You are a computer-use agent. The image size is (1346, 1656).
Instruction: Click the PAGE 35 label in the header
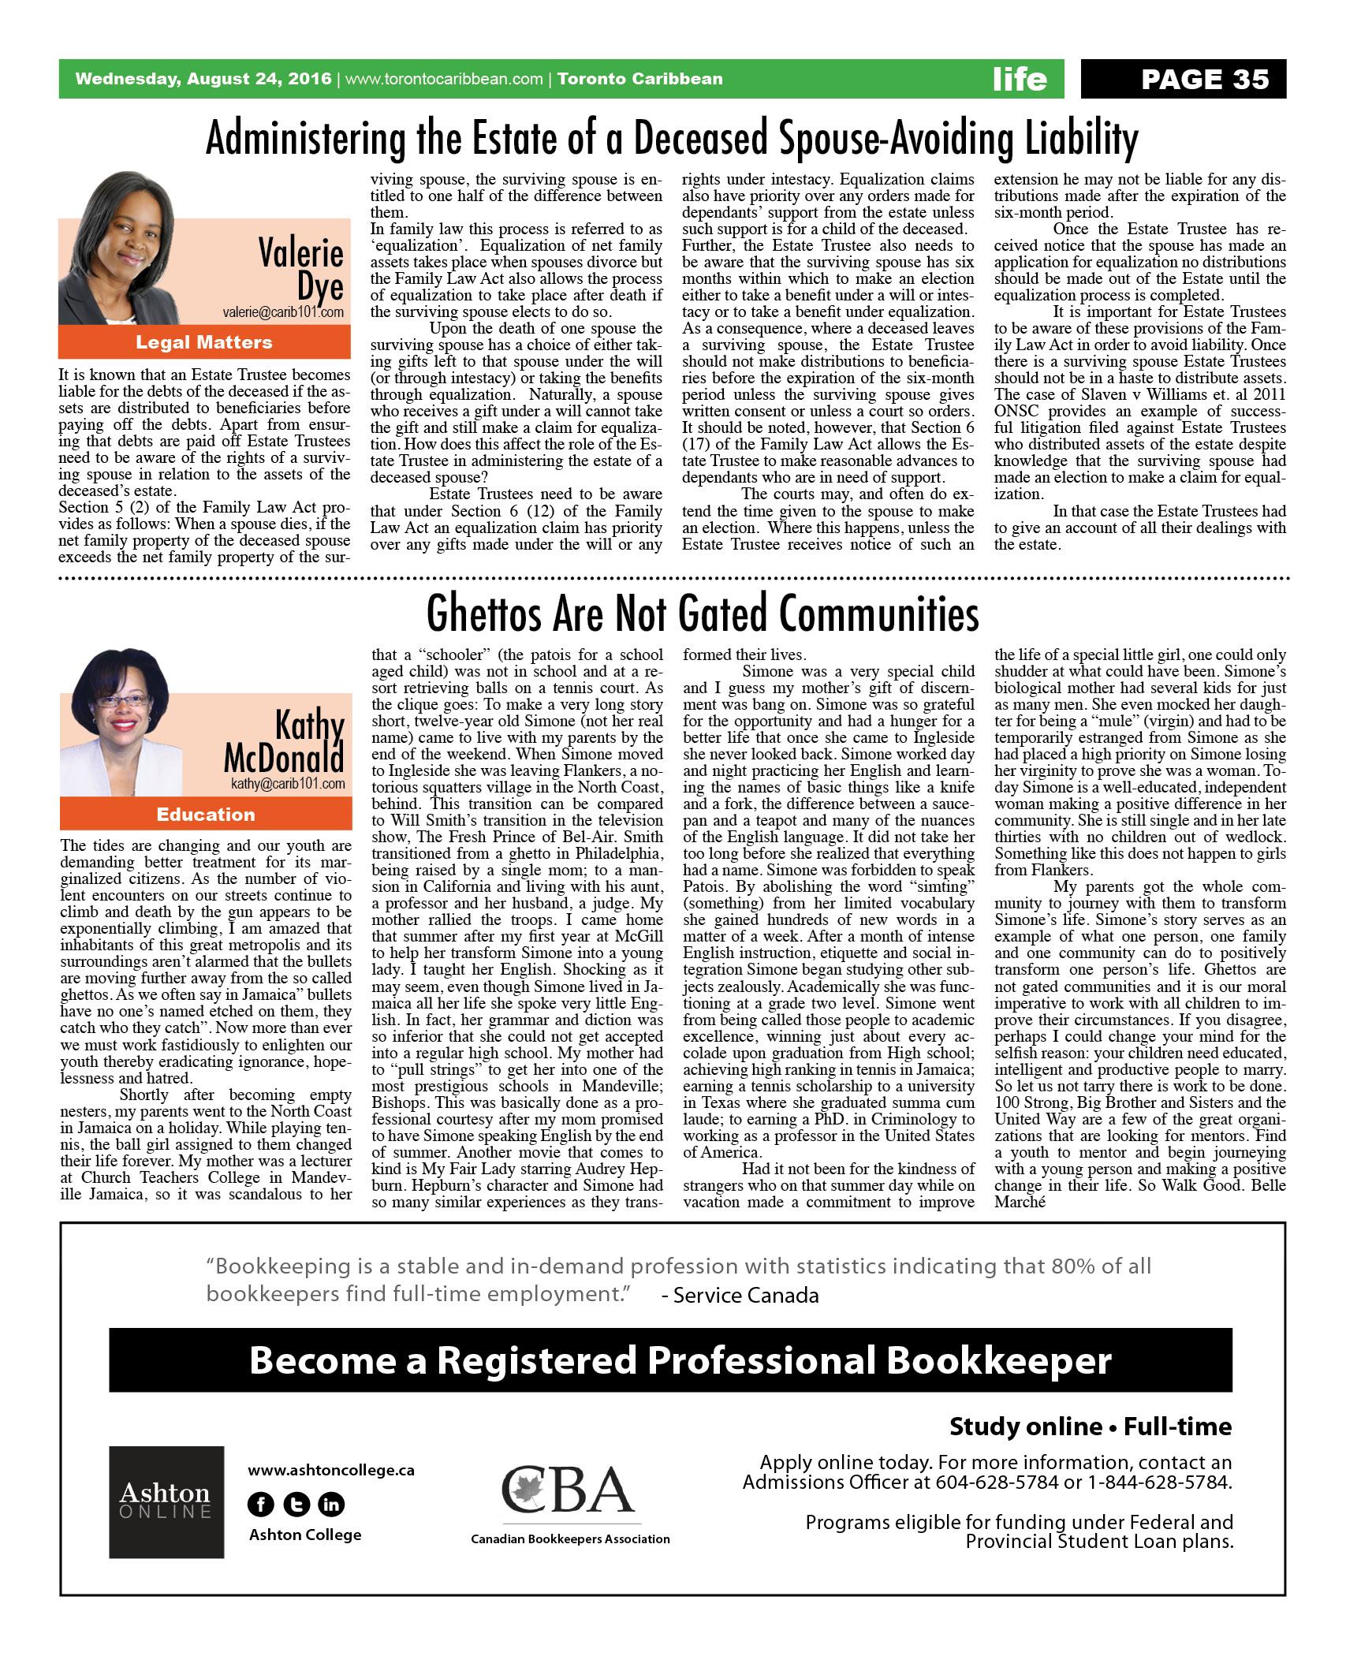click(1205, 79)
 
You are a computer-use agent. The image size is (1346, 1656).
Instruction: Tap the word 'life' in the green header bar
click(1020, 79)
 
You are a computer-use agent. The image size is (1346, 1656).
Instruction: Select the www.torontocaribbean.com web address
click(445, 79)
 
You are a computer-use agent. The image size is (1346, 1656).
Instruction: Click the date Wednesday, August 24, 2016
click(203, 79)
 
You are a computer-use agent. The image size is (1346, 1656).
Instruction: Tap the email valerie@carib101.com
click(283, 312)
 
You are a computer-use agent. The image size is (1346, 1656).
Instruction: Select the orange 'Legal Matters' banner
click(204, 342)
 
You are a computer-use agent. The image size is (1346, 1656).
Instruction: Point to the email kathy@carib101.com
click(288, 784)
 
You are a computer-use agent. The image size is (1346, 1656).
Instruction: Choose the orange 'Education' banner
click(204, 815)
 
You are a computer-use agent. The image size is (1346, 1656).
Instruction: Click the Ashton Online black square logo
click(166, 1501)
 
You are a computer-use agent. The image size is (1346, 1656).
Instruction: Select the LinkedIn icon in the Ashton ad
click(331, 1505)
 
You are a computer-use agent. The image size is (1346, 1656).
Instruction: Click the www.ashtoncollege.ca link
click(330, 1470)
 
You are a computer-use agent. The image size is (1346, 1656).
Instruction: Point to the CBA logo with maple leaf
click(569, 1490)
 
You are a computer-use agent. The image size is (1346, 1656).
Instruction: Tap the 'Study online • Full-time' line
click(1090, 1426)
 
